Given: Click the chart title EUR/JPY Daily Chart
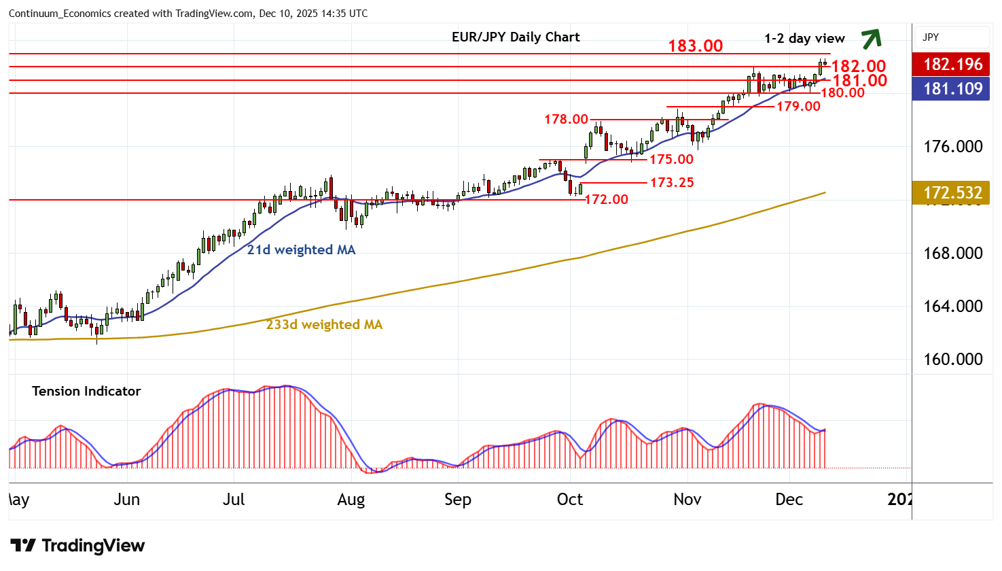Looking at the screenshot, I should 516,37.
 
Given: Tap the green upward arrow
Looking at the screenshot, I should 871,39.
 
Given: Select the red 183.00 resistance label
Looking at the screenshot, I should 695,46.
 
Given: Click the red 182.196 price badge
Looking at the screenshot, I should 952,65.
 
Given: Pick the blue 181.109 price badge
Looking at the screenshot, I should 952,88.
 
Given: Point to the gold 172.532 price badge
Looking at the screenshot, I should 952,192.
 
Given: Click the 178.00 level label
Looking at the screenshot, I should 566,120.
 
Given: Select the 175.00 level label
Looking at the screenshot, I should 671,159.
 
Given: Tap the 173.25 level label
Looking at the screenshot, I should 672,182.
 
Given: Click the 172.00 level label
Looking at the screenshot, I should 606,199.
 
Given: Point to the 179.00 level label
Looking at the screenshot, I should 798,106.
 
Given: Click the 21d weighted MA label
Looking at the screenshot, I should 301,250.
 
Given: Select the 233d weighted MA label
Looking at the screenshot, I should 324,325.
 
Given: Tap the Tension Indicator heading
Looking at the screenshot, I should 86,391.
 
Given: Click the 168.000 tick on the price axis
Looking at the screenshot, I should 952,253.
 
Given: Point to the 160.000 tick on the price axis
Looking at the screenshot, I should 952,359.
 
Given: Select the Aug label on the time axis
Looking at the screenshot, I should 351,500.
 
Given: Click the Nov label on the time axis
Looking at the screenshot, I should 687,500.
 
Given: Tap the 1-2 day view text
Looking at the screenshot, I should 804,39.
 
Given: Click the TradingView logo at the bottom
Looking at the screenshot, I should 77,546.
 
